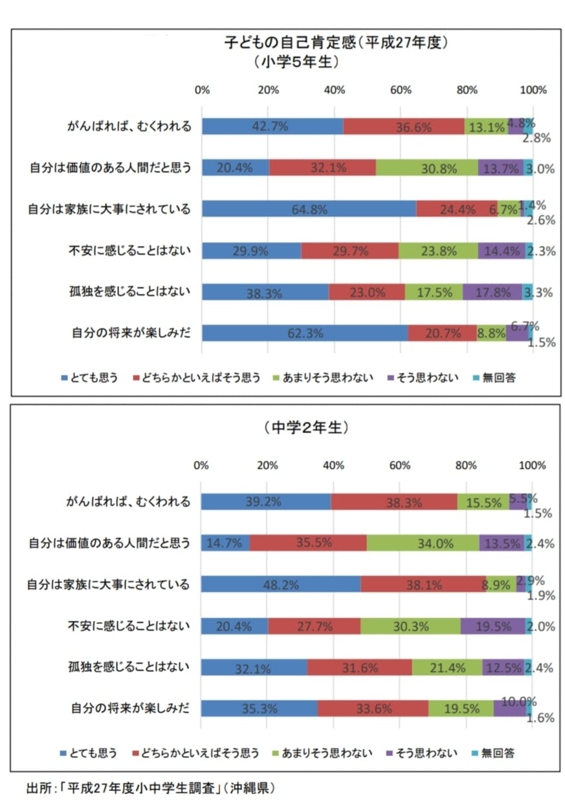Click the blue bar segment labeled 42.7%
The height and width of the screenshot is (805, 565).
click(272, 126)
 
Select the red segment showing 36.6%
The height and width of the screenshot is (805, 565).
click(404, 126)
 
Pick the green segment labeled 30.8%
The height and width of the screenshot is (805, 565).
click(427, 168)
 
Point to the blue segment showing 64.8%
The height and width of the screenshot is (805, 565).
click(309, 208)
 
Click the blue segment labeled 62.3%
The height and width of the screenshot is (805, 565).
click(305, 333)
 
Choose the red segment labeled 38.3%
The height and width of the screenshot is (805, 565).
click(393, 502)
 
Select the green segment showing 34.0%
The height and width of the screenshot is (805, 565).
click(423, 543)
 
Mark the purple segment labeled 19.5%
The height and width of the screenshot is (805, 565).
click(493, 626)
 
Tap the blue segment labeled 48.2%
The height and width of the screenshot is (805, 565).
click(280, 584)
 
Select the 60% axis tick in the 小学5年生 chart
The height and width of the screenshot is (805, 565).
click(401, 90)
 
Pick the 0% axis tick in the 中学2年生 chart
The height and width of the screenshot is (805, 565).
click(201, 465)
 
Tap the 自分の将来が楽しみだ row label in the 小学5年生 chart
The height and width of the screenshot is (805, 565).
click(132, 333)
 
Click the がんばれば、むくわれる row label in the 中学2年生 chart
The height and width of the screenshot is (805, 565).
click(129, 502)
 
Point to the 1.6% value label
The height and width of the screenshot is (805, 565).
click(538, 716)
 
